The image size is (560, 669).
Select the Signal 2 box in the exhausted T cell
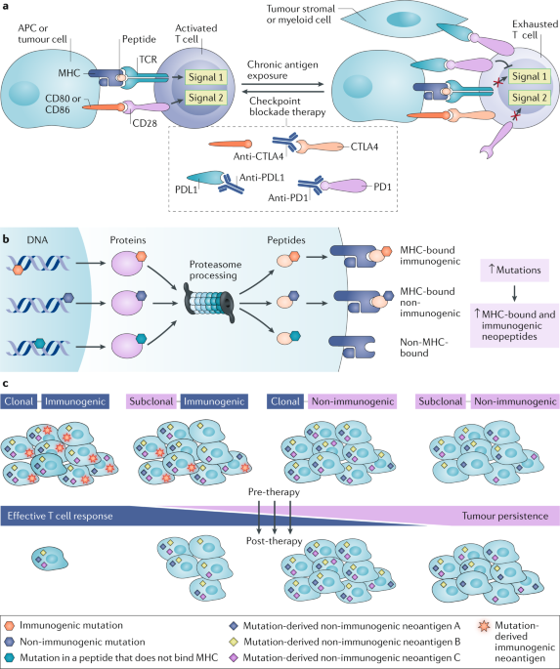coord(530,98)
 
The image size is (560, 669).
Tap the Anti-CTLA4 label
coord(259,156)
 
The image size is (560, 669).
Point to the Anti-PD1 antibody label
coord(288,197)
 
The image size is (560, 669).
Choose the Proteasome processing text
coord(213,271)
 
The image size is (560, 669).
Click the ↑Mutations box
coord(515,271)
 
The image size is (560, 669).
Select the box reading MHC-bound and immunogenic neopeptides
coord(515,325)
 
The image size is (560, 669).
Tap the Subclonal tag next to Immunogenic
coord(151,401)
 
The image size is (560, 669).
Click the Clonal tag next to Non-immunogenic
coord(285,401)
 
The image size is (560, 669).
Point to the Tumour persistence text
coord(505,516)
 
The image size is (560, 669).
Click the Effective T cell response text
coord(61,516)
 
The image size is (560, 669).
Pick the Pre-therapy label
coord(274,492)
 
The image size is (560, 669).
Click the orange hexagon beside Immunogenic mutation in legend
coord(10,625)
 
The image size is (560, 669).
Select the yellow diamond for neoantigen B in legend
coord(234,642)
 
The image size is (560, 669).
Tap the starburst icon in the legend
coord(484,626)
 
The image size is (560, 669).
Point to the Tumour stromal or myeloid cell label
coord(300,14)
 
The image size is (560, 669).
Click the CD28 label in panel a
coord(145,123)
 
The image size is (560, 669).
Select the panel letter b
coord(7,239)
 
